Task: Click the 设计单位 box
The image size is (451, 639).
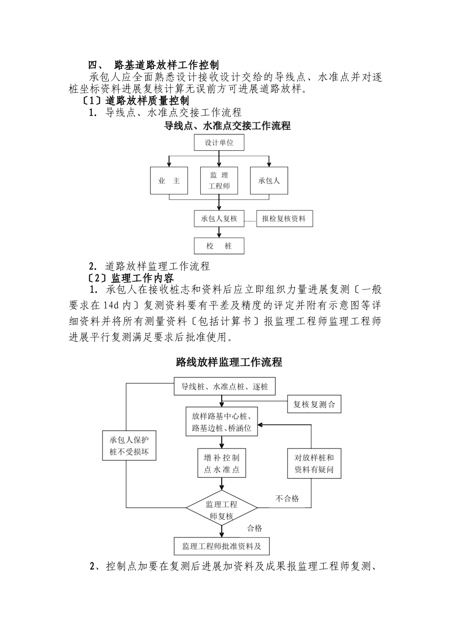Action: [219, 143]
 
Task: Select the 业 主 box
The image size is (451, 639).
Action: [169, 181]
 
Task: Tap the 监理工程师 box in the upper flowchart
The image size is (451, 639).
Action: [219, 181]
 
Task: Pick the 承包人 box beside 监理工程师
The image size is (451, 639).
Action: [269, 181]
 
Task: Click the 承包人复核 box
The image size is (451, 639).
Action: [219, 219]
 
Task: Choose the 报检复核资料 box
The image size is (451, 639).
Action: [285, 219]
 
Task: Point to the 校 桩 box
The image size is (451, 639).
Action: [219, 246]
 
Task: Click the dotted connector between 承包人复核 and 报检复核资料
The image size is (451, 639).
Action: [251, 221]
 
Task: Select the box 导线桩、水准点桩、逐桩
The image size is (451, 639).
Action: [225, 387]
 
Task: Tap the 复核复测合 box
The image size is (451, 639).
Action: [314, 404]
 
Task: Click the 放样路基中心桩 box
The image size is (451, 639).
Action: [222, 421]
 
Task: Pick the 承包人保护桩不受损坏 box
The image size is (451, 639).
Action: [129, 445]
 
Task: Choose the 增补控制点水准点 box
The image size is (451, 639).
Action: [222, 463]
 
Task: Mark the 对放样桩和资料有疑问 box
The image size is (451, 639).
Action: [314, 463]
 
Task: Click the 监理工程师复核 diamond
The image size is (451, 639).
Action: [222, 508]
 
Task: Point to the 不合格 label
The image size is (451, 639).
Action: [287, 498]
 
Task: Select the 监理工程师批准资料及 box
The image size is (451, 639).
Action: [222, 546]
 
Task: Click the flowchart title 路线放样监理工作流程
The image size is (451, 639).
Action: [229, 362]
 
